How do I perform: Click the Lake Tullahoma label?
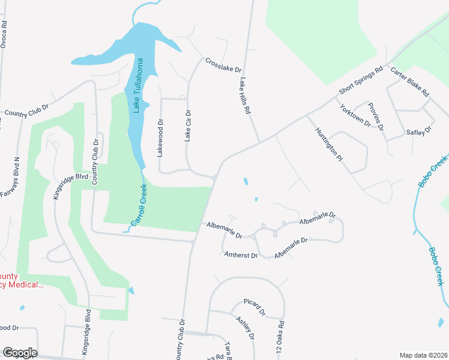139,85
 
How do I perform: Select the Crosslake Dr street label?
223,65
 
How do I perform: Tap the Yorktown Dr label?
355,115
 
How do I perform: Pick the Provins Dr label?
375,116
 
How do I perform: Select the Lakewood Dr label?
160,139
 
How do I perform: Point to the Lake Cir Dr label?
188,125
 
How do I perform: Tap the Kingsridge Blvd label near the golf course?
71,186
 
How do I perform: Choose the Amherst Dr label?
240,255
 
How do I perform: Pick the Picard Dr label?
255,308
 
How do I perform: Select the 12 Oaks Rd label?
280,340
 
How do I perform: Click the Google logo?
19,353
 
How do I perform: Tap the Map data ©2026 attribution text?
424,355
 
